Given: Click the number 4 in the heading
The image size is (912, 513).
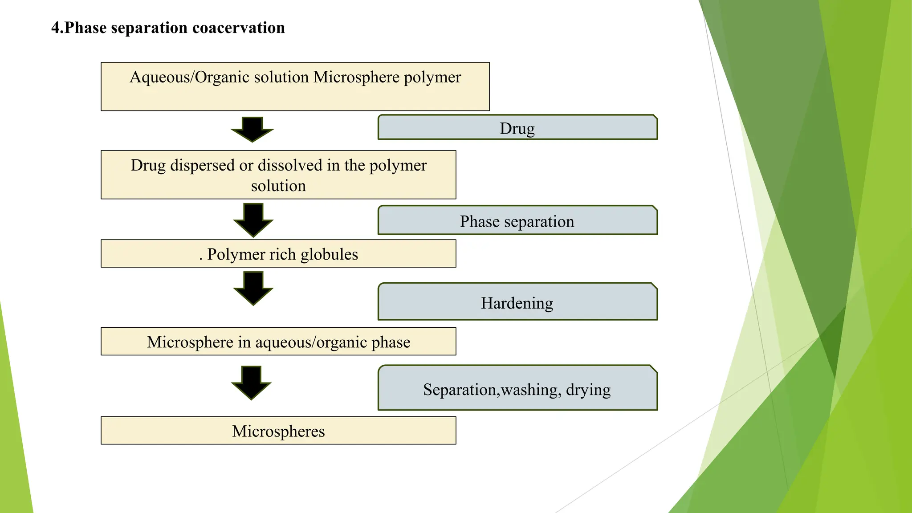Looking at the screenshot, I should tap(55, 28).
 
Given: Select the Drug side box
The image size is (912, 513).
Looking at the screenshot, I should tap(517, 128).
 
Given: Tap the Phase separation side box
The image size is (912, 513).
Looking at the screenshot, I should tap(517, 221).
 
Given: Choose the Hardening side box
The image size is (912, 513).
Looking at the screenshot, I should tap(517, 302).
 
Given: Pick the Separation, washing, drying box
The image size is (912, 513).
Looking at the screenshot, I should tap(517, 389).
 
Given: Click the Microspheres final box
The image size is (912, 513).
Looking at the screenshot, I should tap(278, 431).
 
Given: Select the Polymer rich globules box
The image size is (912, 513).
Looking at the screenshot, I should tap(278, 254).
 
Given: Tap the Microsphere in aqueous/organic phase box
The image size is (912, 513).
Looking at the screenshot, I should tap(278, 342).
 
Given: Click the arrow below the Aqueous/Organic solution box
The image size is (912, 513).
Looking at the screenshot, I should tap(252, 129).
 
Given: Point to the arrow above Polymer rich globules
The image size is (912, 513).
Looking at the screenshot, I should tap(253, 220).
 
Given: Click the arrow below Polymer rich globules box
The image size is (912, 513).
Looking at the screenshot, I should tap(253, 288).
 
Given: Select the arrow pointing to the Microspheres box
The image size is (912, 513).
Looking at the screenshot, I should tap(251, 383).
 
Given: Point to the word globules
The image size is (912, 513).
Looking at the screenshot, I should tap(329, 254).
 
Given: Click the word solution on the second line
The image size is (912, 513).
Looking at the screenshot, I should tap(278, 186).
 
